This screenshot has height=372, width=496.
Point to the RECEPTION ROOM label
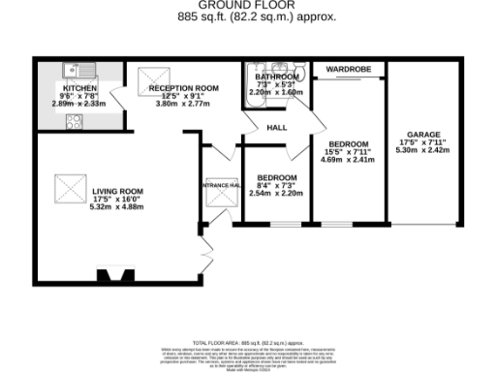click(183, 87)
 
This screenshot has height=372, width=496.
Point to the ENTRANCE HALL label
click(219, 184)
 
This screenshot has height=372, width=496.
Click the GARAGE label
click(421, 134)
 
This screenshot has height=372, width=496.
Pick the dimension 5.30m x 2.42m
click(421, 151)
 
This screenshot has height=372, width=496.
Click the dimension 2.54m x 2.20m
click(275, 194)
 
